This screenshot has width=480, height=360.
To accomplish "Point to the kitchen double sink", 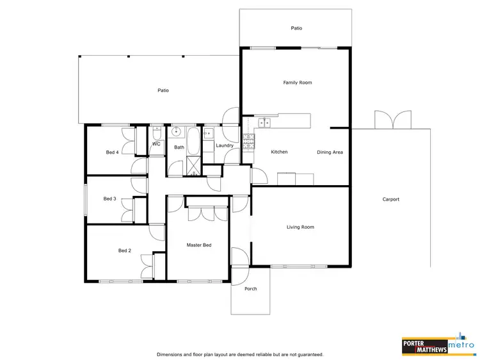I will [x=265, y=122].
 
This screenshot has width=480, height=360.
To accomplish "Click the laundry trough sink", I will [x=209, y=135].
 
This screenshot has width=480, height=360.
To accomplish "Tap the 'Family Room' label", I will [x=297, y=83].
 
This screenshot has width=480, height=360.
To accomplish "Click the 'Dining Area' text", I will [x=330, y=152].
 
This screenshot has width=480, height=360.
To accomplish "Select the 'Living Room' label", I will [x=300, y=227].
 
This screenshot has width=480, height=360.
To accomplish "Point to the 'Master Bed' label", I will [x=199, y=245].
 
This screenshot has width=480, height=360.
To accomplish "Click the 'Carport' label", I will [x=390, y=199].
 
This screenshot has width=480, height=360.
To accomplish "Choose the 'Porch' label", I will [x=251, y=289].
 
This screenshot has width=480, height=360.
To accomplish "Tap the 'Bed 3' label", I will [x=109, y=199].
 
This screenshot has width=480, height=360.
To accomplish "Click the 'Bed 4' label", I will [x=112, y=152].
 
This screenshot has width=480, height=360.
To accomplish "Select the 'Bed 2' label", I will [x=124, y=250].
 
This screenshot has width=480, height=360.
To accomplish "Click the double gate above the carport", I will [x=392, y=120].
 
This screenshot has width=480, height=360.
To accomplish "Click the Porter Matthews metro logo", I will [x=437, y=344].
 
